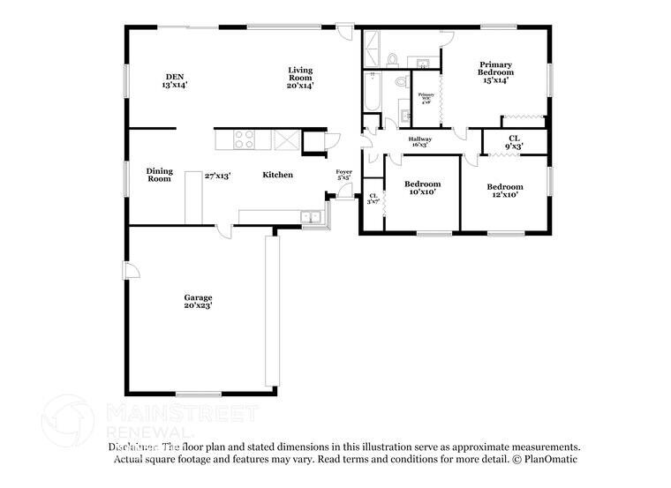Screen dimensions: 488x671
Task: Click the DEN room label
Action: point(174,81)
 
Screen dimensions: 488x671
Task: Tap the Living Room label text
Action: point(300,78)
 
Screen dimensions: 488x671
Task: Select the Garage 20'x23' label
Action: point(198,302)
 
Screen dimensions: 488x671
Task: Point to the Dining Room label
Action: point(159,175)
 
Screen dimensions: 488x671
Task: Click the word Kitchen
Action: point(277,175)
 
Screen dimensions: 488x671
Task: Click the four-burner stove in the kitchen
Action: point(244,139)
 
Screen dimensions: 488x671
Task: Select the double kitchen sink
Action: point(310,216)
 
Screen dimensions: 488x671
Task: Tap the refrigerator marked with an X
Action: point(287,140)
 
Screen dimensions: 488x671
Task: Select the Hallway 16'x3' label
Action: point(419,141)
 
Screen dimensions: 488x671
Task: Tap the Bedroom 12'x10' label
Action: point(505,190)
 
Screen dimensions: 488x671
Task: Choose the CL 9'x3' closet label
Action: point(513,141)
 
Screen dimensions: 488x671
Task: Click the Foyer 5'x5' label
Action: point(343,175)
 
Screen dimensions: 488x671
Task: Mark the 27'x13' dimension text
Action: point(217,176)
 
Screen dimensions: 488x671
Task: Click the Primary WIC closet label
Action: point(426,97)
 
